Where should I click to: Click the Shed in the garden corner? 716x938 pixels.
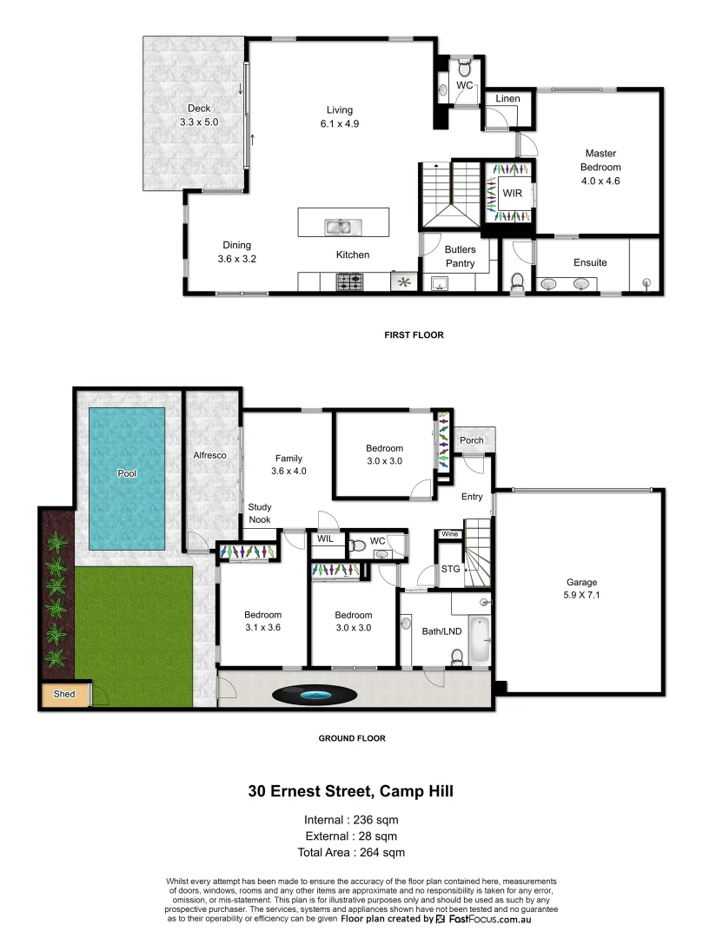[x=64, y=695]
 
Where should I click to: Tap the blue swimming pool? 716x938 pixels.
[x=127, y=478]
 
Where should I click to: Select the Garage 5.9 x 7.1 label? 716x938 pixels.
[x=581, y=589]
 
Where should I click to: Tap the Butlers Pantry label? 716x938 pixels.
[x=460, y=256]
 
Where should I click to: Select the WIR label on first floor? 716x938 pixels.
[x=513, y=193]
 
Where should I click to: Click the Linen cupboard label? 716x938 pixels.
[x=507, y=99]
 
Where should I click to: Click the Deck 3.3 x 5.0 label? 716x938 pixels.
[x=198, y=116]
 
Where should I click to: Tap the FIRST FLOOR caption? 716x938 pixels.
[x=414, y=334]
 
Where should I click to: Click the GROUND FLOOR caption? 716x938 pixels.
[x=352, y=738]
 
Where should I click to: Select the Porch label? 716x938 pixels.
[x=472, y=440]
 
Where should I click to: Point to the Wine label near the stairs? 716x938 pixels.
[x=450, y=533]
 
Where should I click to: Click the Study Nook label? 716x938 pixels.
[x=260, y=512]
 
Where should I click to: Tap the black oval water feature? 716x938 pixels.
[x=314, y=695]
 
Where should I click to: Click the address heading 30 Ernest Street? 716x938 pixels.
[x=351, y=791]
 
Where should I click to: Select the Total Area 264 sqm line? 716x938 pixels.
[x=352, y=852]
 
